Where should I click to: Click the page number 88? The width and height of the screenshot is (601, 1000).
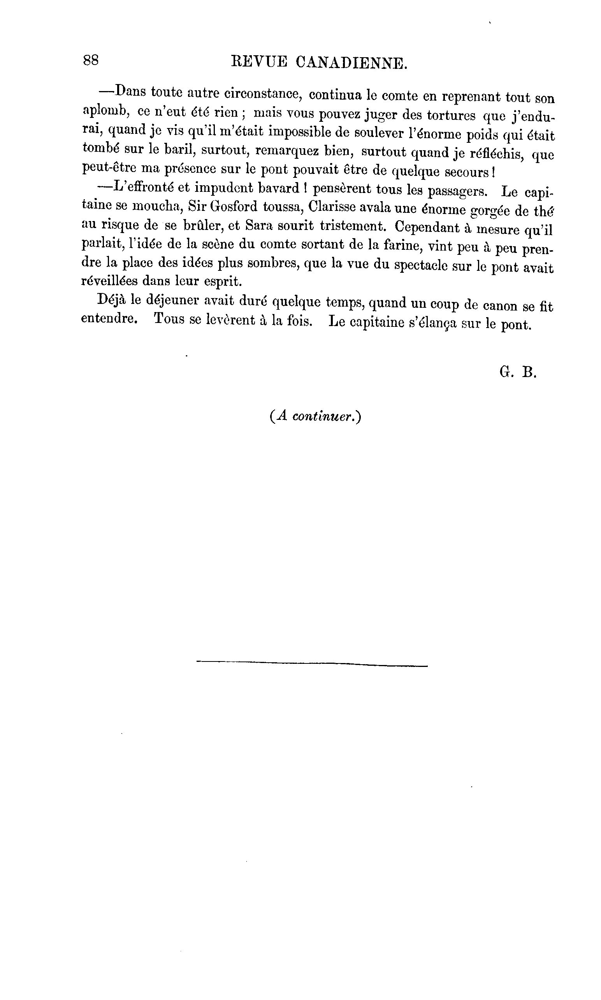90,60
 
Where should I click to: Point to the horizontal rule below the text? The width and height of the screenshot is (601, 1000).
312,663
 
